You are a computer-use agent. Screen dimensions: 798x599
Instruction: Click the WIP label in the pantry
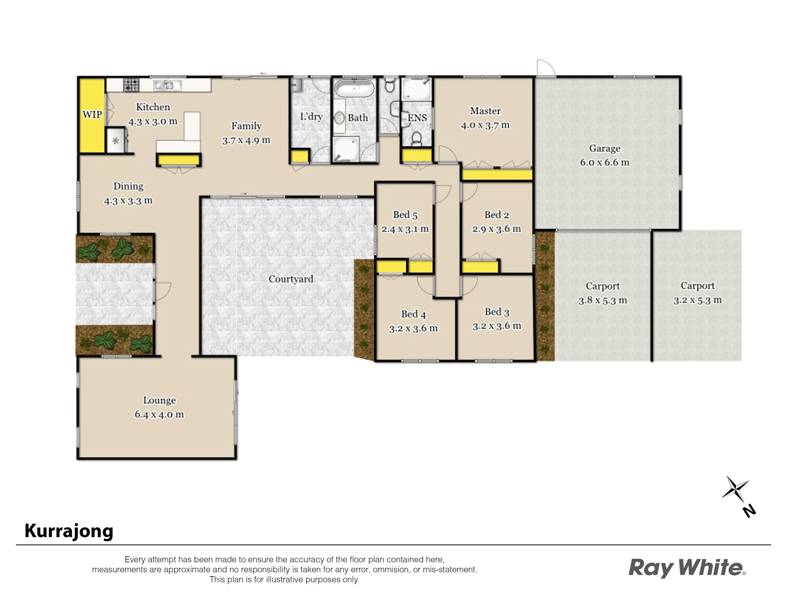pyautogui.click(x=92, y=115)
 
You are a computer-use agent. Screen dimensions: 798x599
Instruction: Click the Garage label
pyautogui.click(x=605, y=148)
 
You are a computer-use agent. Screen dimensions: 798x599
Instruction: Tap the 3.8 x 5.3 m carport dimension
pyautogui.click(x=602, y=300)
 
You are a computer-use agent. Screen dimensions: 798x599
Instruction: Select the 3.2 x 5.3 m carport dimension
pyautogui.click(x=697, y=300)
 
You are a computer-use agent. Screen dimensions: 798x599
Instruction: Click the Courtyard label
pyautogui.click(x=291, y=279)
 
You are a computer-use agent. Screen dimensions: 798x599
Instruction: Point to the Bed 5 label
pyautogui.click(x=405, y=215)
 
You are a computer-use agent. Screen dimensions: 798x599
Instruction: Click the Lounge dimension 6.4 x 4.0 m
pyautogui.click(x=159, y=414)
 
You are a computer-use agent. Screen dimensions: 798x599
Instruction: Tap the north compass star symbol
pyautogui.click(x=735, y=489)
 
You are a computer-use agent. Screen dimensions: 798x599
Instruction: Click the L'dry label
pyautogui.click(x=311, y=117)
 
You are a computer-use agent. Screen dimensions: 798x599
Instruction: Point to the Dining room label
pyautogui.click(x=128, y=186)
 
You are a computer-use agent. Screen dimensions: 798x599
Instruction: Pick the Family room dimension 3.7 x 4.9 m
pyautogui.click(x=246, y=140)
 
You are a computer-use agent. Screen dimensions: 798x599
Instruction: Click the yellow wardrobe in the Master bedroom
pyautogui.click(x=497, y=175)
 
